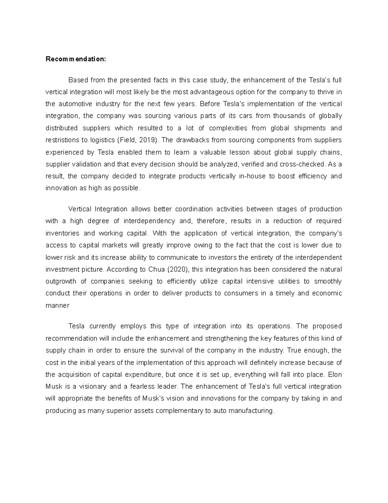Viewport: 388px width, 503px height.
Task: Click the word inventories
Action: pyautogui.click(x=62, y=233)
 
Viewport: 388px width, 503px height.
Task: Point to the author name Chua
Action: pyautogui.click(x=156, y=269)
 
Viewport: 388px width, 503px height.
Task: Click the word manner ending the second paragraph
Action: pyautogui.click(x=58, y=305)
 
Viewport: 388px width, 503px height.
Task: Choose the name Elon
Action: pyautogui.click(x=335, y=375)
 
